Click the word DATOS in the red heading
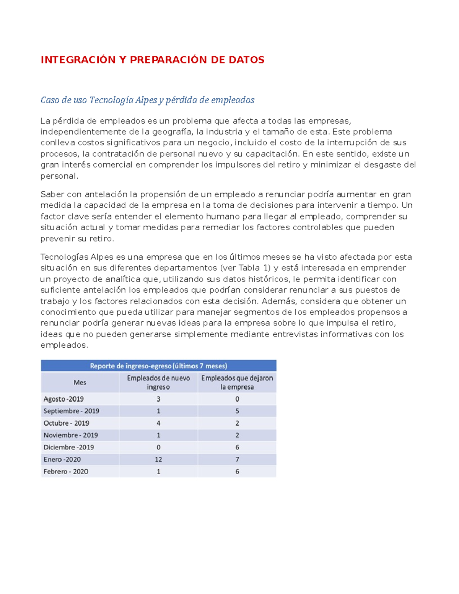click(x=246, y=60)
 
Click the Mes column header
click(x=80, y=382)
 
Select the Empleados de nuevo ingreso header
click(x=158, y=382)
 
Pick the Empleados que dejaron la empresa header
click(x=237, y=382)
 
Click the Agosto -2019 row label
click(x=63, y=399)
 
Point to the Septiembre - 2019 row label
click(x=71, y=411)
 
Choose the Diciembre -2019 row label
click(x=69, y=447)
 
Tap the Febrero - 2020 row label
click(x=66, y=472)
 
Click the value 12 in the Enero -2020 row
click(x=158, y=459)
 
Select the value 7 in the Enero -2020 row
click(x=237, y=459)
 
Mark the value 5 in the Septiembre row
click(x=237, y=411)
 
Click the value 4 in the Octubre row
click(x=158, y=423)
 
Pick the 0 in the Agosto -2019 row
click(x=237, y=399)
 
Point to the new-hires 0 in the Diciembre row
click(x=158, y=447)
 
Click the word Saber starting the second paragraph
click(x=52, y=194)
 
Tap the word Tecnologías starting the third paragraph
click(x=64, y=257)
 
